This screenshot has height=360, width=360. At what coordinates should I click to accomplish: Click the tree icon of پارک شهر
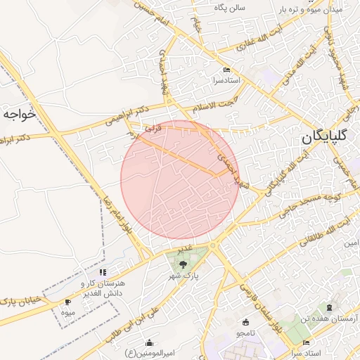point(184,265)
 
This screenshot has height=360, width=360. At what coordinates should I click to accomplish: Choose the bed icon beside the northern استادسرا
point(226,70)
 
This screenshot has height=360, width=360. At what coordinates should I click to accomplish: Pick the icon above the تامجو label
point(245,322)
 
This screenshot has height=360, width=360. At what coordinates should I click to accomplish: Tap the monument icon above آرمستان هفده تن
point(328,308)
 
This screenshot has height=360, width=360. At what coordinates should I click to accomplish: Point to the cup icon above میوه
point(67,302)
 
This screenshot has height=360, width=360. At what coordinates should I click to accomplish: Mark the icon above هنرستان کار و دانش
point(103,271)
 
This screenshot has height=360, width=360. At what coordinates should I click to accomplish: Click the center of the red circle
point(179,180)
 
